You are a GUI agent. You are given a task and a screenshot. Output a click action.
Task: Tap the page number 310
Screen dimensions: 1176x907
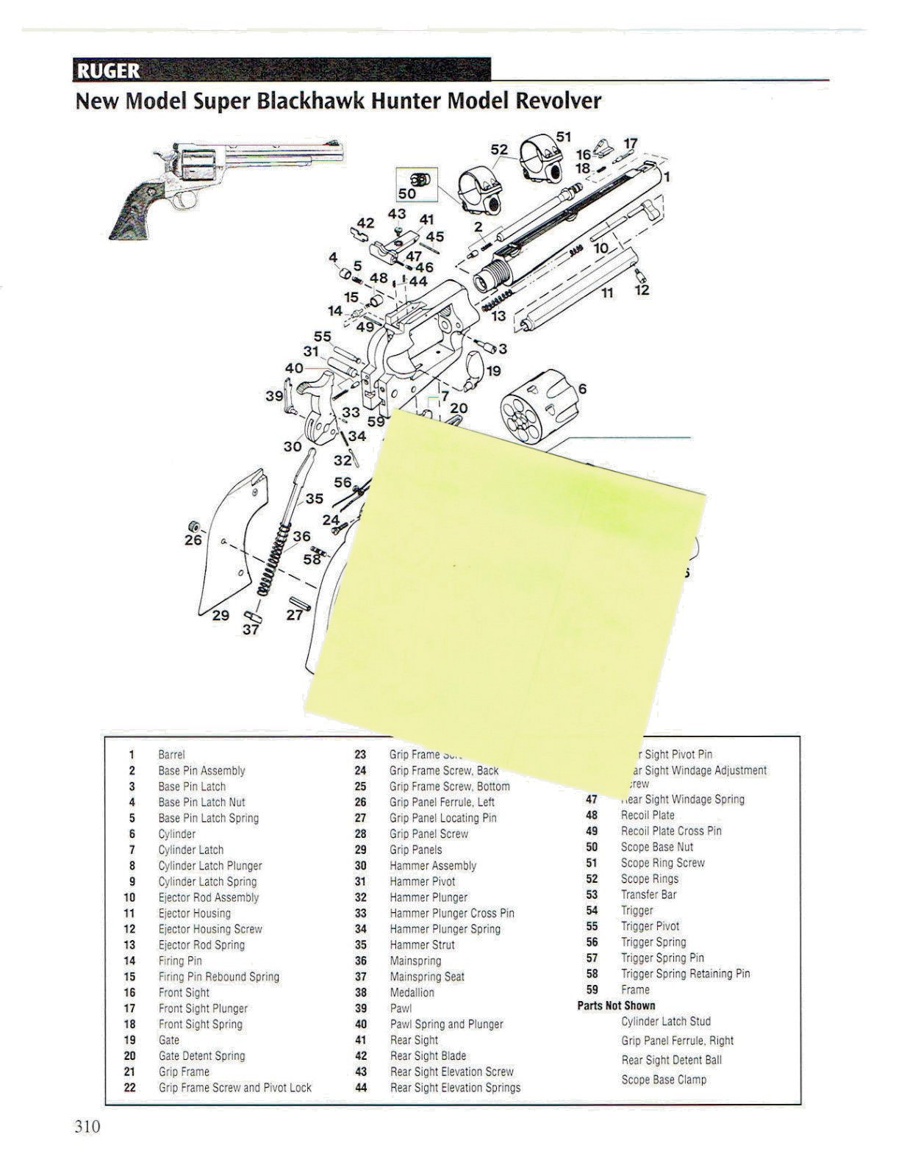coord(87,1127)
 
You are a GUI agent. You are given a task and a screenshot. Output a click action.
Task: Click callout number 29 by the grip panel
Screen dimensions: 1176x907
coord(221,615)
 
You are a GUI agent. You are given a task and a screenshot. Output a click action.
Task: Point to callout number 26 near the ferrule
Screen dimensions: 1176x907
coord(193,540)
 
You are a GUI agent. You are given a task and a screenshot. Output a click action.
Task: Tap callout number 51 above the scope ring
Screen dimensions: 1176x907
coord(564,137)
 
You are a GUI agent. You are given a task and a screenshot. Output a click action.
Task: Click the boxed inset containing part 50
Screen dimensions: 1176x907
coord(417,184)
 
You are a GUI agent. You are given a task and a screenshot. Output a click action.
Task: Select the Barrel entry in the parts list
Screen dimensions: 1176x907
coord(171,755)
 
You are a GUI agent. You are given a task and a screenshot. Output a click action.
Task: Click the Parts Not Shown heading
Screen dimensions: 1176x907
coord(616,1005)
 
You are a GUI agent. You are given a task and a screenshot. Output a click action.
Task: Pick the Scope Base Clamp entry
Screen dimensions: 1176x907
coord(663,1080)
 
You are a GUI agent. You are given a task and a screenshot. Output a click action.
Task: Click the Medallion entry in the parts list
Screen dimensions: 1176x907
coord(412,992)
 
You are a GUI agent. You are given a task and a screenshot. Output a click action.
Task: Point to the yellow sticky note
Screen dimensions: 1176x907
coord(507,581)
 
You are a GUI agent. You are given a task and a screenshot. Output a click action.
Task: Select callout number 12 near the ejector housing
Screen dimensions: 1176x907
coord(642,290)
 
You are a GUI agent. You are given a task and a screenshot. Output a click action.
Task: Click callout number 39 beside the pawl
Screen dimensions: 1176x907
coord(274,395)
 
